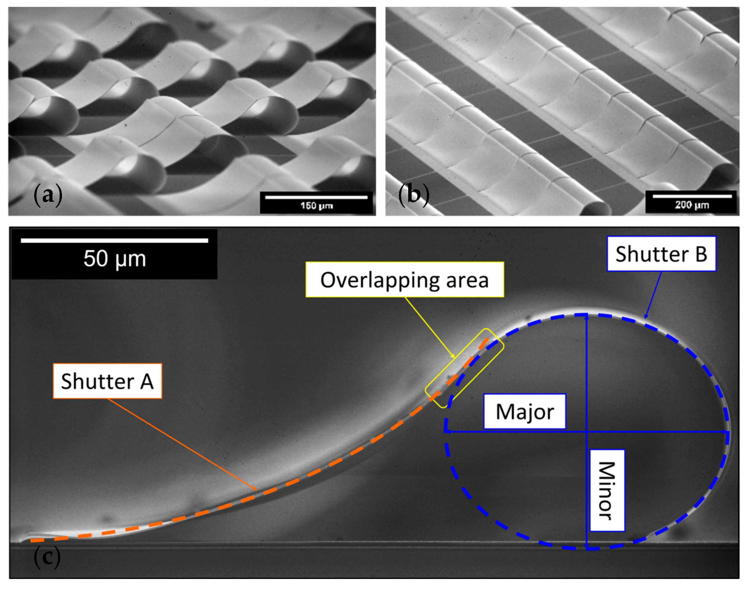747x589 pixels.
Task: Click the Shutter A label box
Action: [107, 381]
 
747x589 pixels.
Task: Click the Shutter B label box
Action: [661, 254]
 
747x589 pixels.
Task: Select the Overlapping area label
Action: [404, 280]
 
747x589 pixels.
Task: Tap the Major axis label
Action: [525, 411]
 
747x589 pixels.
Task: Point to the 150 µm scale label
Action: [316, 206]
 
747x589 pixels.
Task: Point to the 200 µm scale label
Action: [692, 205]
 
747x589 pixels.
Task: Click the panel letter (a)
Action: [48, 195]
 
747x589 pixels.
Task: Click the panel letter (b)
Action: [414, 195]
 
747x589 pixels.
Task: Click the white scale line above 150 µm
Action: [316, 197]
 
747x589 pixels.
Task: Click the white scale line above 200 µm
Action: [692, 196]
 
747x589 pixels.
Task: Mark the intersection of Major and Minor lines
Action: [587, 431]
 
